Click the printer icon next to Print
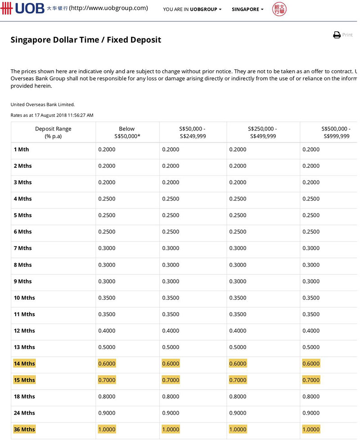point(337,35)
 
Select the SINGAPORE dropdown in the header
point(247,9)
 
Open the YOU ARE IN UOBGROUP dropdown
point(192,9)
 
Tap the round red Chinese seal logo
point(279,9)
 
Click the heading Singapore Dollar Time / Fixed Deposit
point(85,40)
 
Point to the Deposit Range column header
point(53,132)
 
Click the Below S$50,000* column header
point(127,132)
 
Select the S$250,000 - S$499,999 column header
point(263,132)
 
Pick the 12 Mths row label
point(24,331)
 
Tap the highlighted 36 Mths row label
point(24,430)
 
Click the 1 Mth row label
point(21,149)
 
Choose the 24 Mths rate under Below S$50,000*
point(107,413)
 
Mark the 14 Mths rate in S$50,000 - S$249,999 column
point(171,364)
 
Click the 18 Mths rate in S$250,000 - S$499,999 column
point(238,396)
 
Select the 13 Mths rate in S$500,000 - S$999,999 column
point(311,347)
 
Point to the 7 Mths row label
point(22,248)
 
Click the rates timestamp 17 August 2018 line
point(52,115)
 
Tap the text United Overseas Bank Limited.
point(42,104)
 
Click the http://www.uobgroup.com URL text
point(108,8)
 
